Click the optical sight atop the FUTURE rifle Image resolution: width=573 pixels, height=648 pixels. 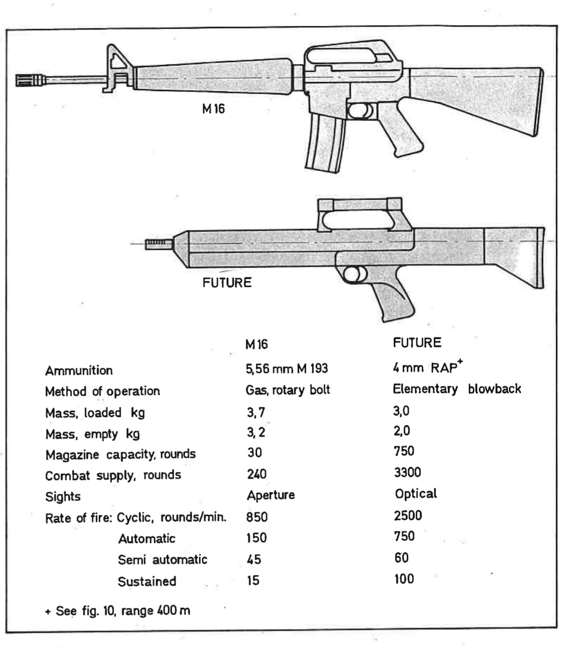click(359, 214)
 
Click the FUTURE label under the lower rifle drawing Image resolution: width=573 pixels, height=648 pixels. click(227, 283)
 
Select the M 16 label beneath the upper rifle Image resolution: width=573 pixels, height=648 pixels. click(213, 109)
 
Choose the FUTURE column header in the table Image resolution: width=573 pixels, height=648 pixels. click(417, 343)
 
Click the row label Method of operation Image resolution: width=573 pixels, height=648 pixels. click(102, 391)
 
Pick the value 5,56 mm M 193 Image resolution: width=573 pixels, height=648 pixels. click(287, 369)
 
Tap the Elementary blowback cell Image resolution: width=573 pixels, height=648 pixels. click(456, 389)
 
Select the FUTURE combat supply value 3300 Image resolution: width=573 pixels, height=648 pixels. click(407, 472)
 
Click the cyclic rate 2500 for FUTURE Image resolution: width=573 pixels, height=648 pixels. click(407, 515)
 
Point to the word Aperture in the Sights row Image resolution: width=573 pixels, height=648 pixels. click(271, 495)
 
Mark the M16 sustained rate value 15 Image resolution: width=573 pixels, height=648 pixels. click(253, 580)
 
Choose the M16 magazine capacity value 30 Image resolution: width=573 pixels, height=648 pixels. click(254, 453)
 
